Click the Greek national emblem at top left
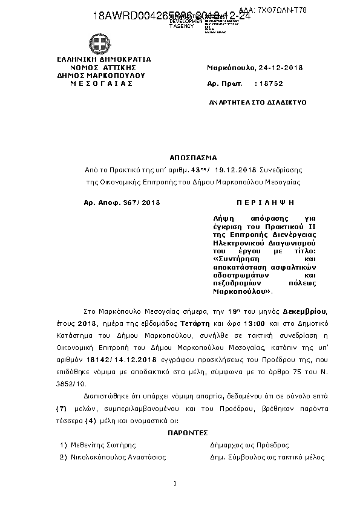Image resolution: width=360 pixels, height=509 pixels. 101,43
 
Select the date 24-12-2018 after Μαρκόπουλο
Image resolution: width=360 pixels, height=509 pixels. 278,67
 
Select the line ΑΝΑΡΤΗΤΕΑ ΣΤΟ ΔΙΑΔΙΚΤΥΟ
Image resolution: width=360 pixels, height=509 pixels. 257,102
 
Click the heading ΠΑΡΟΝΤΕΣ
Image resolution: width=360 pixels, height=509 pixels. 188,433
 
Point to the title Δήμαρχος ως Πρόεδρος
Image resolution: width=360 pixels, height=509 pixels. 245,445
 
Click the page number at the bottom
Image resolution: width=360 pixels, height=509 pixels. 174,483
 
